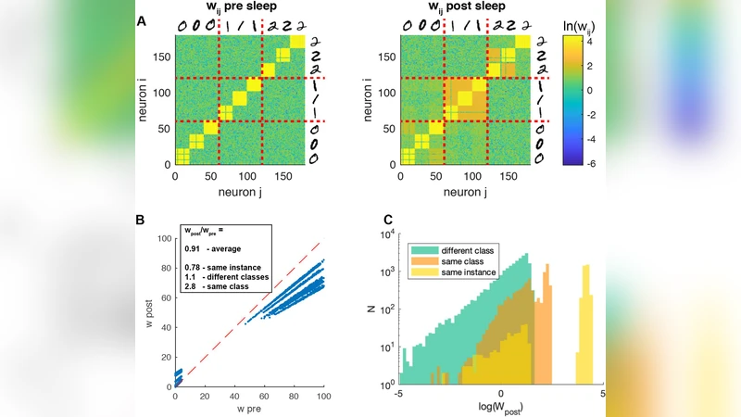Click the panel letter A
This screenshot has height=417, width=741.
141,20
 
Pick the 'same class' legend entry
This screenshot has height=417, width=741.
452,262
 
